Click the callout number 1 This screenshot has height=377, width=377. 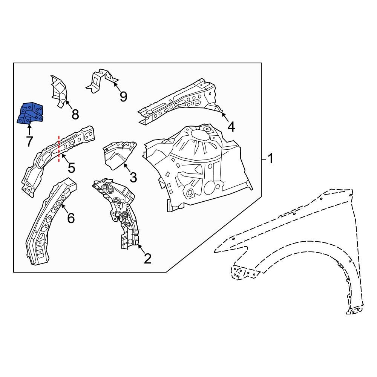click(x=270, y=159)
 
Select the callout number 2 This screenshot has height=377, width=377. click(x=147, y=259)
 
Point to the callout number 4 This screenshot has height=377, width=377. click(x=231, y=127)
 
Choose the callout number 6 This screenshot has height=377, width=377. click(x=70, y=218)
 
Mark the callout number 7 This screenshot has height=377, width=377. click(x=29, y=142)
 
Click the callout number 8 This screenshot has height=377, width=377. click(x=75, y=114)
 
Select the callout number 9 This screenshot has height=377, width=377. click(x=123, y=97)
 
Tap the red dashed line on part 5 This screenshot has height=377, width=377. click(x=59, y=149)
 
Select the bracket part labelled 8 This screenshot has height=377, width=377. click(x=58, y=90)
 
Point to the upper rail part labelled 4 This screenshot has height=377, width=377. click(x=177, y=102)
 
